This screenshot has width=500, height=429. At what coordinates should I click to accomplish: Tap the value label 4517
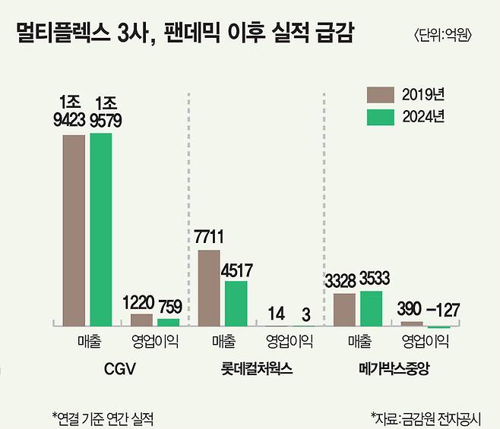click(x=236, y=270)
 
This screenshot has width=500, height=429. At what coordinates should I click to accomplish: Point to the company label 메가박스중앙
click(x=394, y=370)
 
